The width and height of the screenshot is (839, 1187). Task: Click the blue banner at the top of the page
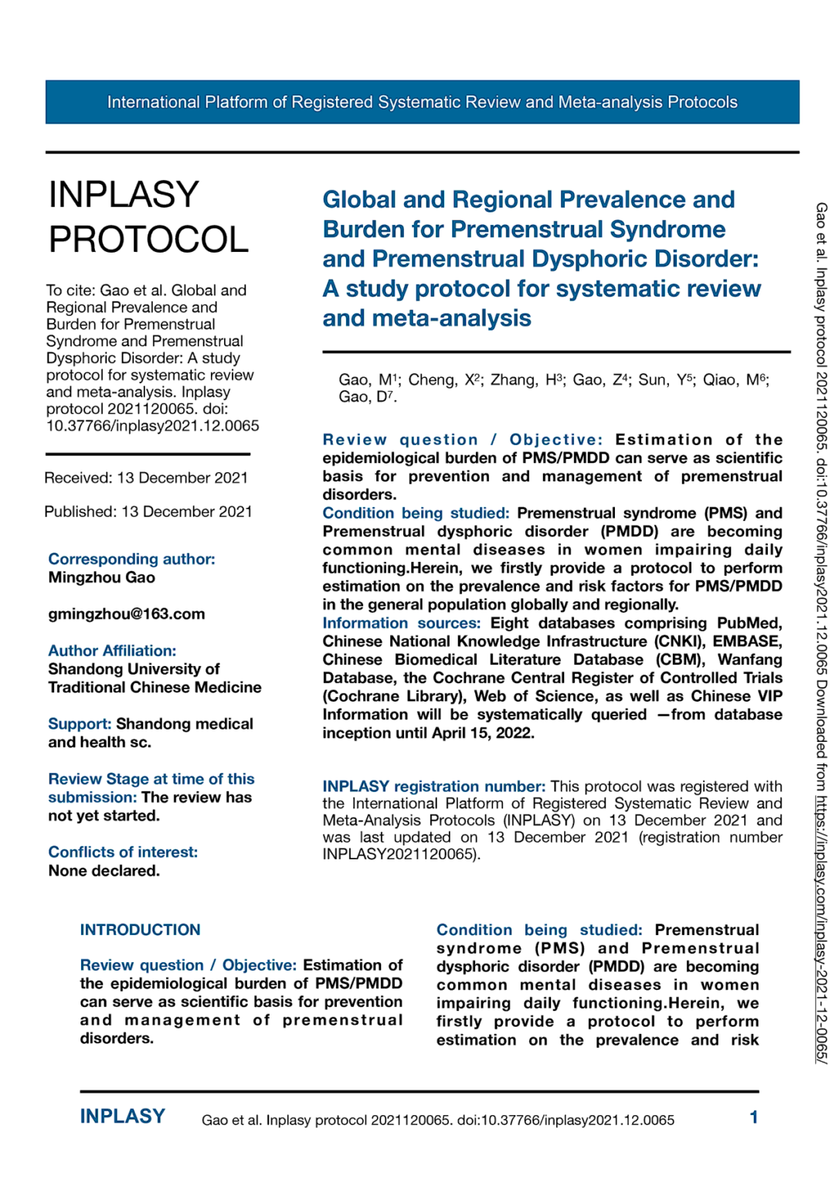point(422,102)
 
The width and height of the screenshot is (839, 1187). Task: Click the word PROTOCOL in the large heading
point(148,240)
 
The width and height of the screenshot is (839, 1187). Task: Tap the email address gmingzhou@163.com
point(127,614)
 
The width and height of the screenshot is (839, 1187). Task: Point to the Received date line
point(146,478)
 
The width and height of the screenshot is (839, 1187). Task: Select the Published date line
point(148,512)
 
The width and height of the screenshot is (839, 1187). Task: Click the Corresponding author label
point(131,559)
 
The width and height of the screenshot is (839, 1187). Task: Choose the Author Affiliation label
point(112,651)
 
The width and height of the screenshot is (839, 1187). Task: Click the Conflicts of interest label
point(123,852)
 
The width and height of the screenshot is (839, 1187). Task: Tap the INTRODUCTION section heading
point(140,930)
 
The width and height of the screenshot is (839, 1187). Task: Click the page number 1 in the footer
point(753,1117)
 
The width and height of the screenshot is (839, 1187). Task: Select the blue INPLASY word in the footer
point(123,1117)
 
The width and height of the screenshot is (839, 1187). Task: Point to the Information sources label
point(401,623)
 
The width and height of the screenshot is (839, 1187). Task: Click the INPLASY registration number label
point(433,786)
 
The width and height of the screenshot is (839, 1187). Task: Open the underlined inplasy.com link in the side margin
point(821,927)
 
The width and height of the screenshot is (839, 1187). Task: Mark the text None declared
point(104,871)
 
